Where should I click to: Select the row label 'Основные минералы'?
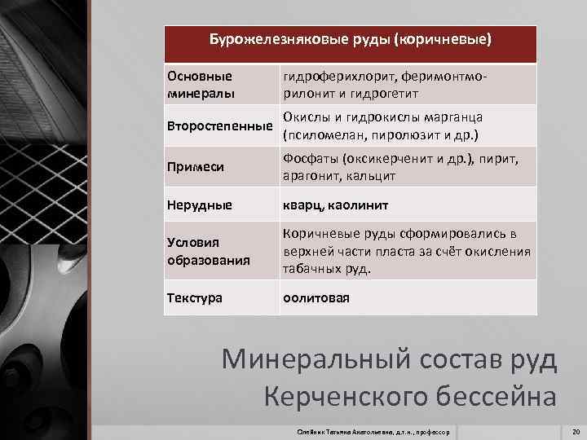(x=200, y=84)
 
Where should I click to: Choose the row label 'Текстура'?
(x=196, y=298)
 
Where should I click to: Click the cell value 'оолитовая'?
(x=316, y=298)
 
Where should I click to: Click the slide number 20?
(x=576, y=430)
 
